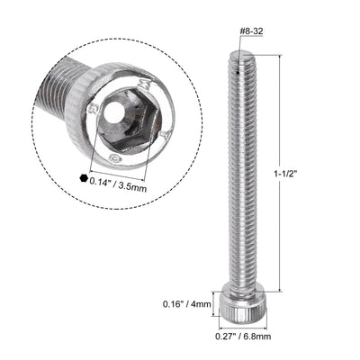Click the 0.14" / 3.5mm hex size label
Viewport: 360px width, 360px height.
[x=123, y=178]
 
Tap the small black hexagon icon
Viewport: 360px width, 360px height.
[x=84, y=178]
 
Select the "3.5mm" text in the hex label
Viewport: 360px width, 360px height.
[x=143, y=178]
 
